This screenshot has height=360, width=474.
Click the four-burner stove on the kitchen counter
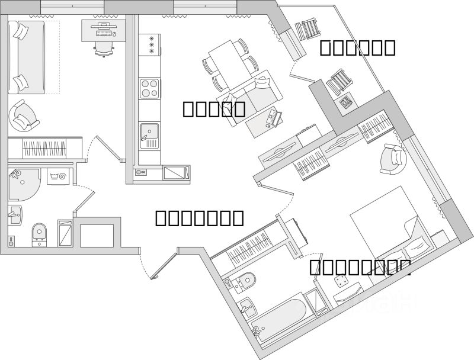(x=149, y=89)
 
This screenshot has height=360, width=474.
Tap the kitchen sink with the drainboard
(x=149, y=135)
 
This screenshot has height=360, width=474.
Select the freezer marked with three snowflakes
(x=150, y=45)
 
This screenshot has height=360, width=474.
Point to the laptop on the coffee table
(x=274, y=118)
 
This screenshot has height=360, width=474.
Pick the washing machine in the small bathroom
(x=59, y=176)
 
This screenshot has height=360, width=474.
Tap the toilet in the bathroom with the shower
(x=40, y=233)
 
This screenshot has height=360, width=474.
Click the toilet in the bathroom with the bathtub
(x=245, y=282)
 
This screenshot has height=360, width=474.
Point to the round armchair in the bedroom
(x=392, y=159)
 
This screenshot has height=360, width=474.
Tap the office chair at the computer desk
(x=104, y=47)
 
